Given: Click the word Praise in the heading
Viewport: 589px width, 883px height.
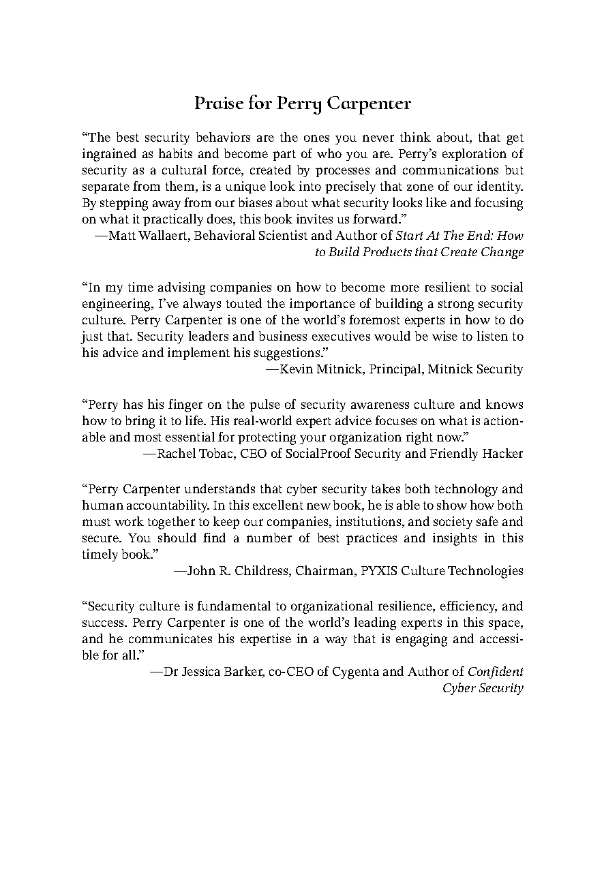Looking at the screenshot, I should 215,104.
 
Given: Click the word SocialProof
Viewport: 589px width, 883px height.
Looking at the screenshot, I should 306,454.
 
